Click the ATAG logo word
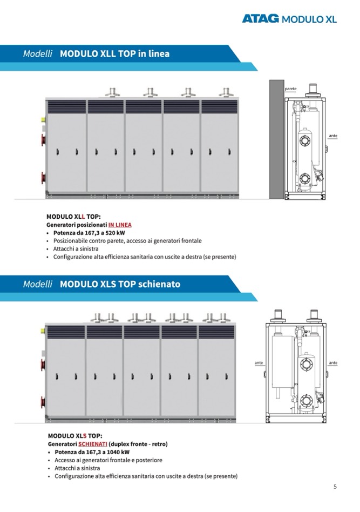[261, 18]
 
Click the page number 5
[335, 487]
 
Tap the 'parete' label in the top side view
[290, 89]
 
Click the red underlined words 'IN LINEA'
[120, 225]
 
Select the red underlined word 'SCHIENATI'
[93, 444]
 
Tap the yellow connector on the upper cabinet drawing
[43, 120]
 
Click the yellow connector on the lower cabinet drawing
[43, 331]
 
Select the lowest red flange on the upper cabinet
[43, 178]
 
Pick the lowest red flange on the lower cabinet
[43, 402]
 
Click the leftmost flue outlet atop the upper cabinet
[113, 92]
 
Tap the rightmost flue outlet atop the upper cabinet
[226, 92]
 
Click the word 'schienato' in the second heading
[159, 284]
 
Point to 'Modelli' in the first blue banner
[38, 53]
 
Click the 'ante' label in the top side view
[333, 136]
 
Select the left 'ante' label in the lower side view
[259, 363]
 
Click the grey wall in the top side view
[276, 139]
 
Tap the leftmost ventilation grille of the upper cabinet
[67, 107]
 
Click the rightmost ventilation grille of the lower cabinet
[217, 332]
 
